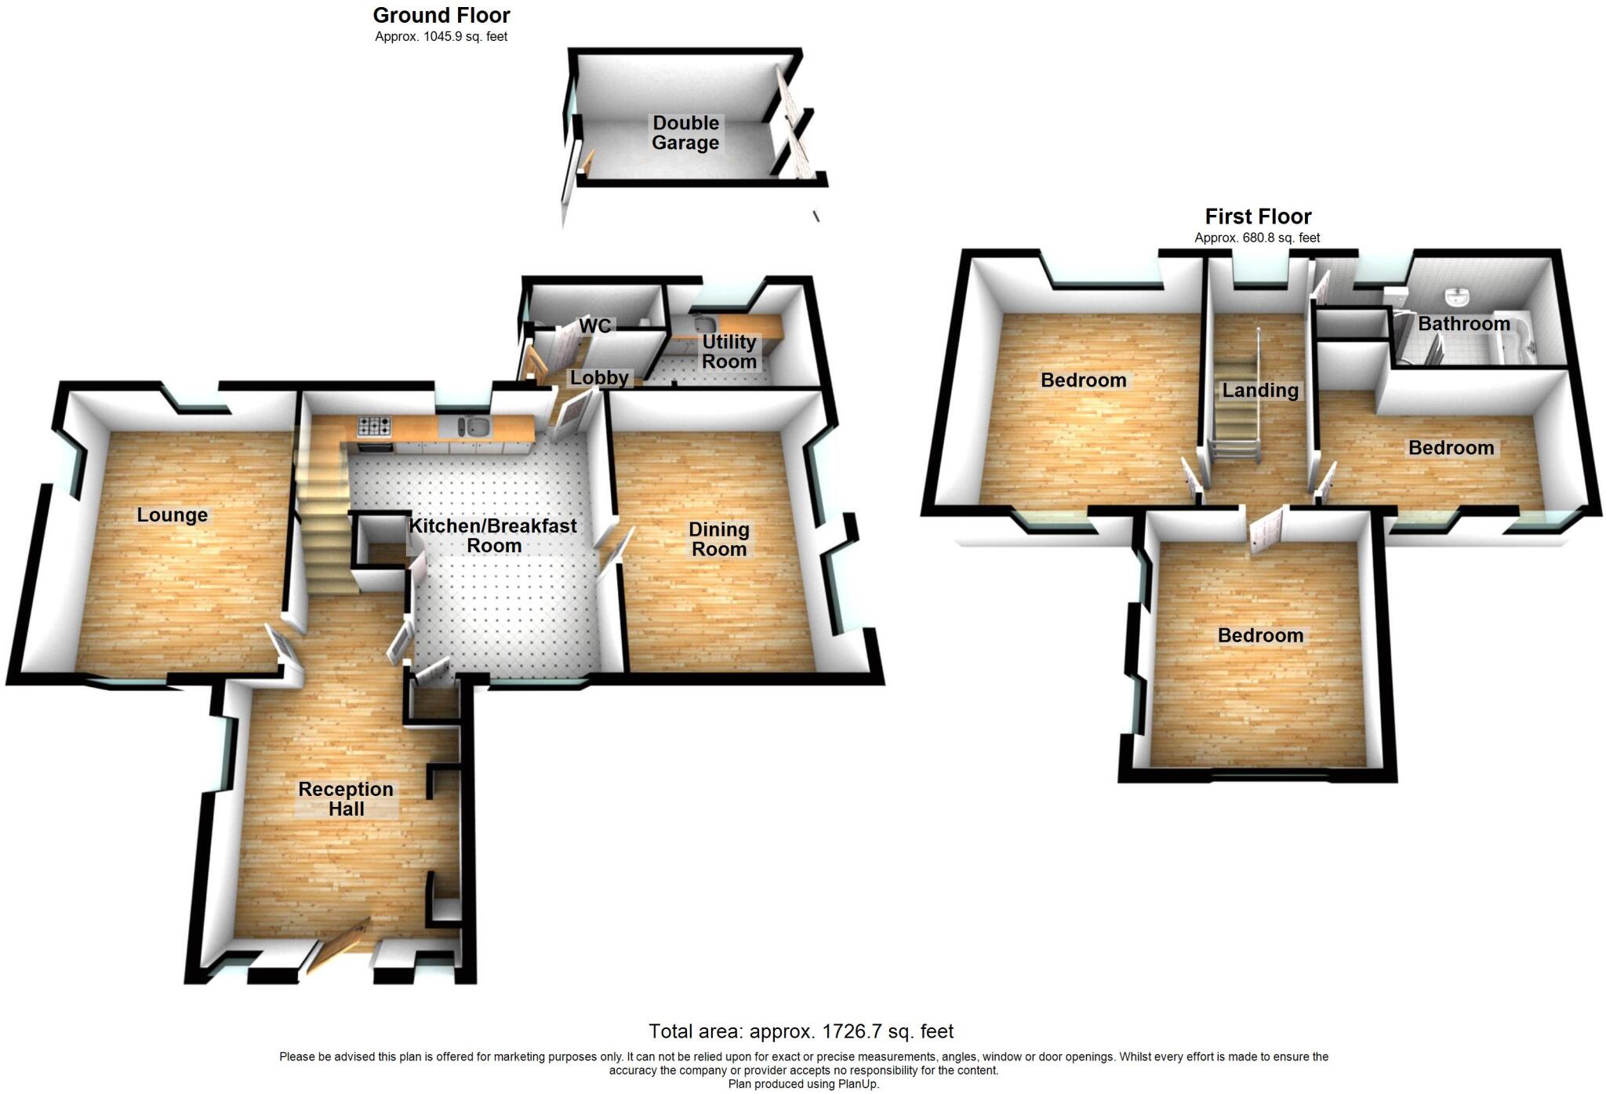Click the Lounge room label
(x=173, y=515)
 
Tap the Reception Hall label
(x=346, y=799)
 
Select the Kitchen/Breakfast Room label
(x=493, y=536)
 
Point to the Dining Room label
(x=719, y=540)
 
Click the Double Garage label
(x=685, y=133)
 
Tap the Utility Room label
(x=729, y=351)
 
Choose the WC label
(x=594, y=326)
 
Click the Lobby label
(x=599, y=378)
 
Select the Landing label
(x=1260, y=391)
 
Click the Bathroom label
(x=1463, y=324)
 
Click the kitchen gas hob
(x=375, y=426)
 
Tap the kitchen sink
(x=473, y=427)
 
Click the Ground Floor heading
(x=441, y=16)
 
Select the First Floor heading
(x=1258, y=216)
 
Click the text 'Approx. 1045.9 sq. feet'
(x=441, y=37)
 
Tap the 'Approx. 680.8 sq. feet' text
(x=1257, y=238)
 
